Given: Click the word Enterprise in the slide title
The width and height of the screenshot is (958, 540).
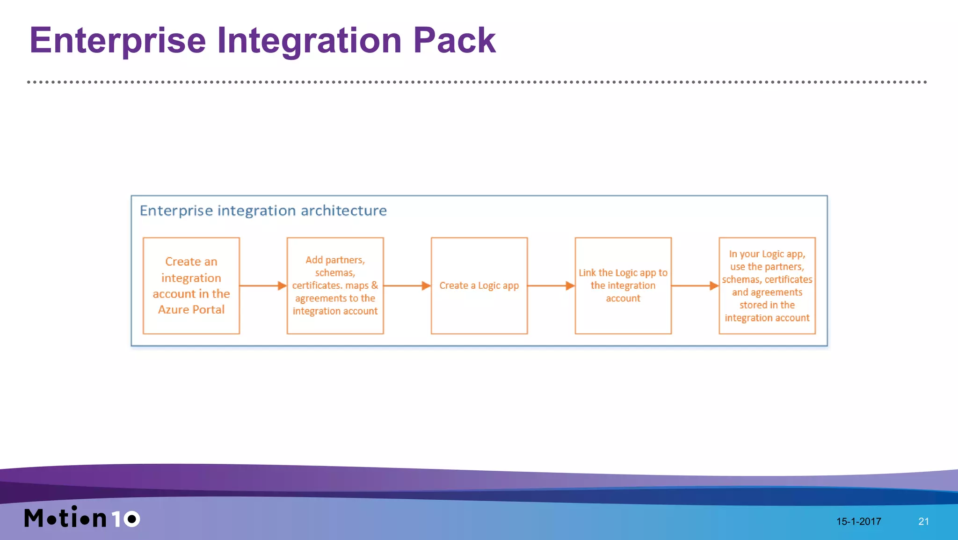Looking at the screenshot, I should tap(117, 41).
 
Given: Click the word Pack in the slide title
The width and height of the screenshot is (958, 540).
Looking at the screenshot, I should tap(454, 41).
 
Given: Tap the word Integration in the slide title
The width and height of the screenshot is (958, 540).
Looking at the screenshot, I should tap(309, 41).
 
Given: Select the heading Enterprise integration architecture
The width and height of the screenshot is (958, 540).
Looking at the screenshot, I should tap(263, 211).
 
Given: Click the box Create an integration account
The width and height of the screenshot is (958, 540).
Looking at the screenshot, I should tap(191, 285).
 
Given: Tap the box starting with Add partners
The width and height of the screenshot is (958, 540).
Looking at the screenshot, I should tap(335, 285).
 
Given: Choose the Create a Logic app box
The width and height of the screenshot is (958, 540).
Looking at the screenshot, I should tap(479, 285).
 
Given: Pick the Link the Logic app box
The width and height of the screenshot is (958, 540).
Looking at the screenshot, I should tap(623, 285).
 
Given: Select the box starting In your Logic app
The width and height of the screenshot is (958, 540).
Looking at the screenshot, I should tap(767, 285).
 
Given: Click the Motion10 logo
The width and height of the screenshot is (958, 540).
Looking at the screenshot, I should tap(82, 518).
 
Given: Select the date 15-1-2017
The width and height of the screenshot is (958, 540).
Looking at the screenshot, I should tap(858, 521).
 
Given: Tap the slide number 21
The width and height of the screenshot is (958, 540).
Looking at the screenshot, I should tap(923, 521).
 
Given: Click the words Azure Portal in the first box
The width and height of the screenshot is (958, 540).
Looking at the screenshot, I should tap(191, 310).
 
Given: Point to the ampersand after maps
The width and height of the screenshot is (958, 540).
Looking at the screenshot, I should tap(374, 285).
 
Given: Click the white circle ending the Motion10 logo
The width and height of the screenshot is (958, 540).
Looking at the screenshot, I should tap(131, 518).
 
